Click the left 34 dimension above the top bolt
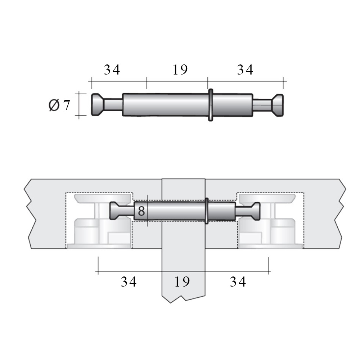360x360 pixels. [x=112, y=69]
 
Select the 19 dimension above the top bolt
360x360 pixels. [x=180, y=69]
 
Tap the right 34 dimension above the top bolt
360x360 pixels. [x=245, y=69]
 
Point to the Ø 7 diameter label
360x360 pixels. [x=59, y=105]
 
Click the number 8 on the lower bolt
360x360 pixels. [x=141, y=211]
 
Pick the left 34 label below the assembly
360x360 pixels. [x=129, y=282]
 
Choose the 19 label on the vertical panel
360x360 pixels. [x=182, y=282]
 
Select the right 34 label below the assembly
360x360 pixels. [x=238, y=282]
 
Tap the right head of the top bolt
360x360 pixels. [x=278, y=105]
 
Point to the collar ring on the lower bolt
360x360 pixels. [x=207, y=211]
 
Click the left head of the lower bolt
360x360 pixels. [x=114, y=211]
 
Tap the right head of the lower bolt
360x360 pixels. [x=256, y=211]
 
